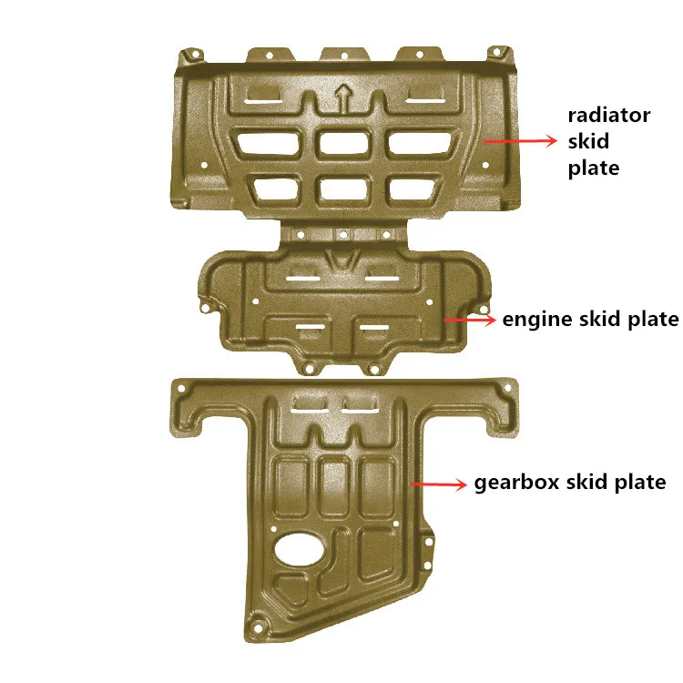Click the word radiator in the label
609,116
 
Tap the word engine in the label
536,321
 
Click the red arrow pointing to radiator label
520,140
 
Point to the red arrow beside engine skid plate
470,320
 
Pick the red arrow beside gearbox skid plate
438,484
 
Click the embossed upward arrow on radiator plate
342,98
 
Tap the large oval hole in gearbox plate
300,549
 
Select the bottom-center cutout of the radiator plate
344,189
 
